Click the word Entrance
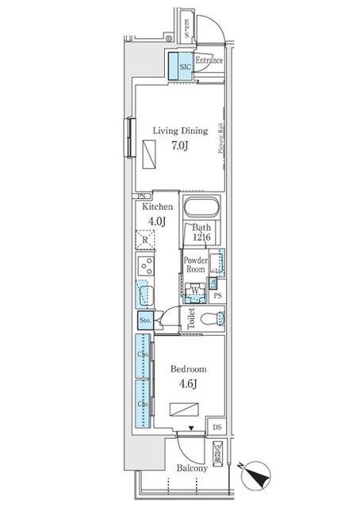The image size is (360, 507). tap(209, 60)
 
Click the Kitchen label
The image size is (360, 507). tap(157, 207)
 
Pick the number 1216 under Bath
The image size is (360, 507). tap(201, 238)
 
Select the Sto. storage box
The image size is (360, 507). tap(145, 320)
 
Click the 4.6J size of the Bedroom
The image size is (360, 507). tap(188, 385)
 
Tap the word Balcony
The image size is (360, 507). tap(191, 468)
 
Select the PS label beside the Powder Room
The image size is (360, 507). tap(217, 296)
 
